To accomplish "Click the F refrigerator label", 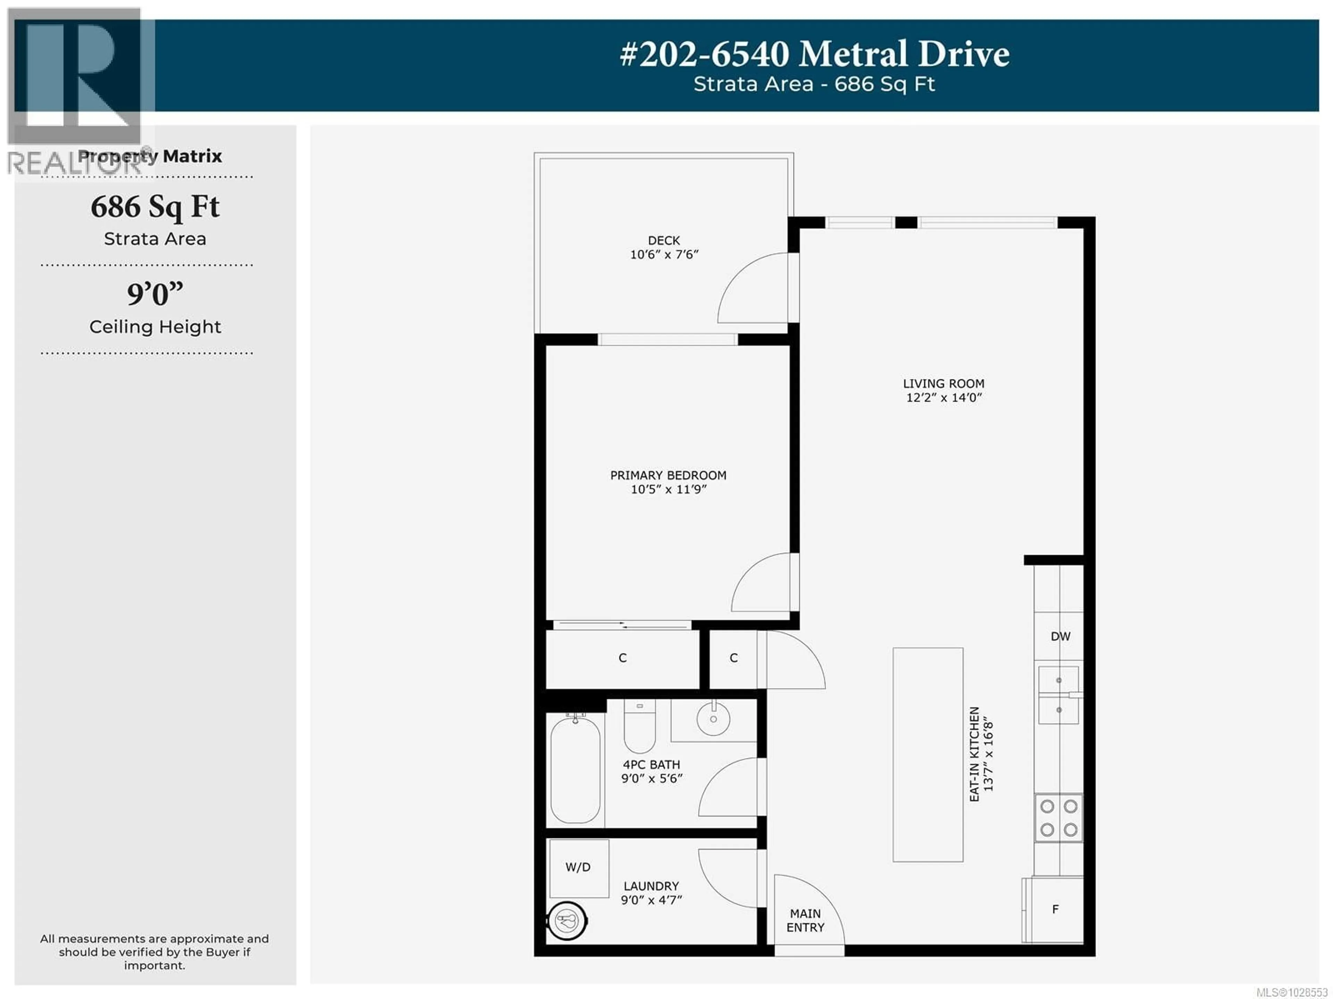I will (1055, 909).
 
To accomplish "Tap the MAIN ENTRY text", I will (805, 921).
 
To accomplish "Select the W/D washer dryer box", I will (579, 868).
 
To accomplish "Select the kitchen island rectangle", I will (928, 754).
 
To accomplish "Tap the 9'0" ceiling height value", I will (155, 294).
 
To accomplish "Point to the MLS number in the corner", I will (1291, 992).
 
